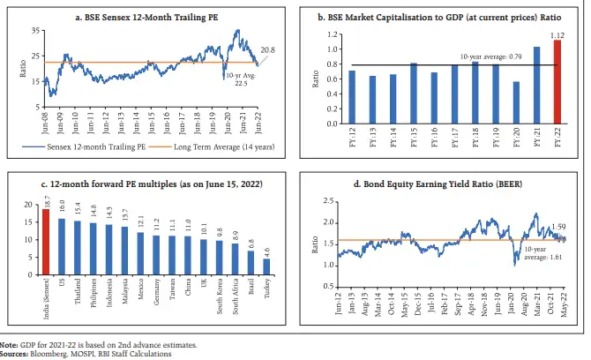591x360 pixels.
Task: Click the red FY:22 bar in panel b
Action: [556, 82]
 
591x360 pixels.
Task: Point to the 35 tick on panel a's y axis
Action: [34, 31]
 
